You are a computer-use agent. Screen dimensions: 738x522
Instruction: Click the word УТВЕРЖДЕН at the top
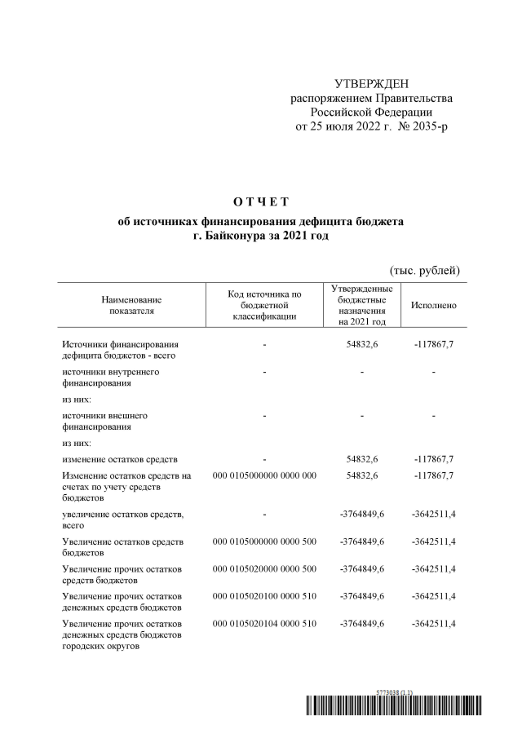[x=371, y=84]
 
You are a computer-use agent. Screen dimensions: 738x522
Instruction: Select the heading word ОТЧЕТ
[x=261, y=202]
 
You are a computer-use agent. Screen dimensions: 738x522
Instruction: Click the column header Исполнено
[x=434, y=305]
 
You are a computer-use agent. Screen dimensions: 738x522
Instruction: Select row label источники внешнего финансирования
[x=105, y=421]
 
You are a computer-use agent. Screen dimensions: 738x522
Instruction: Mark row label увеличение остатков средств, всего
[x=123, y=519]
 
